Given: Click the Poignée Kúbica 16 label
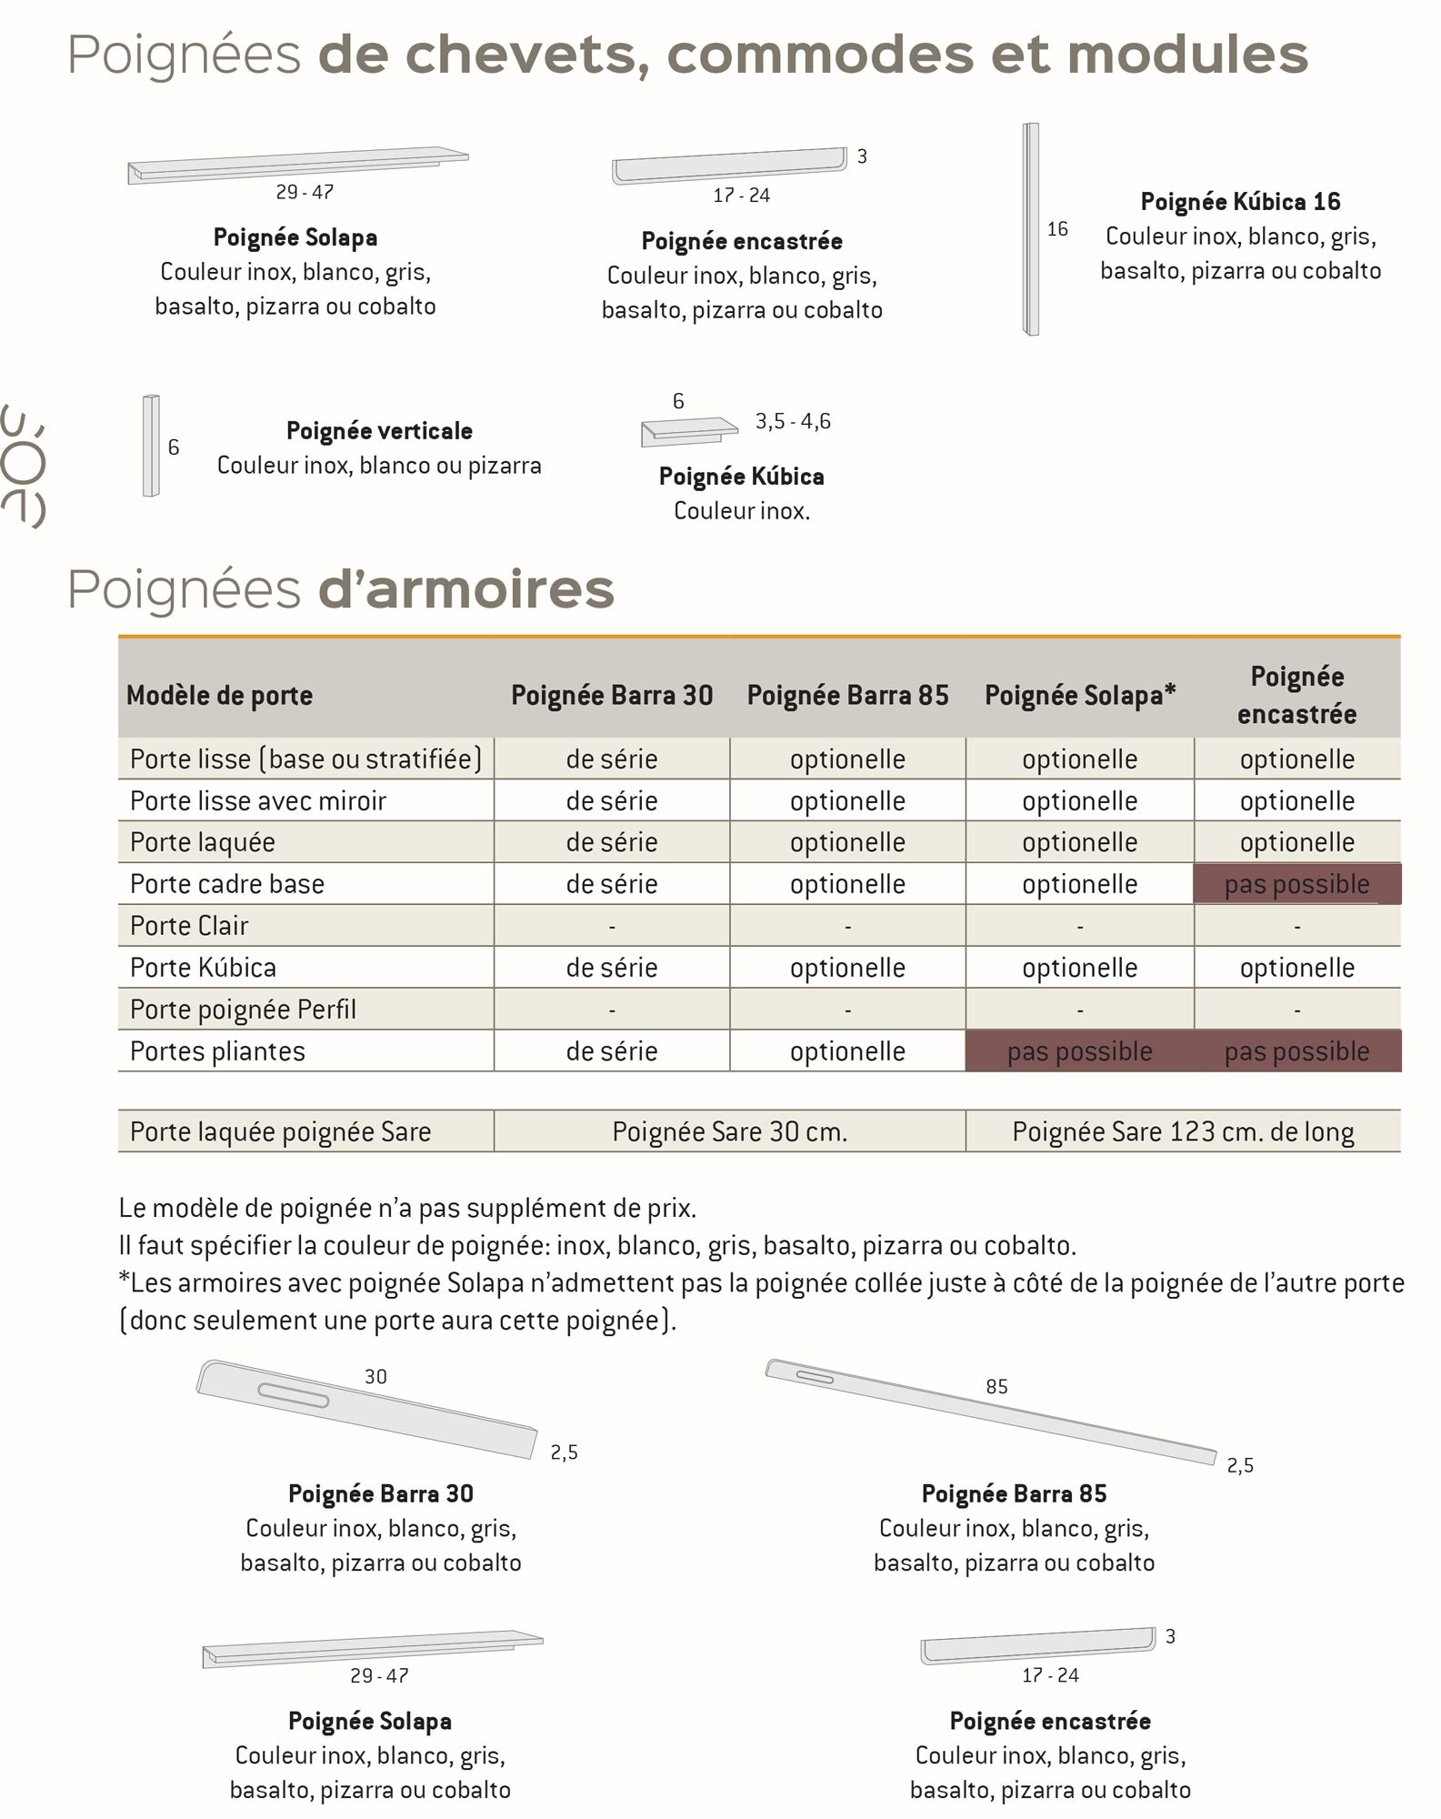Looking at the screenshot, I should click(1240, 202).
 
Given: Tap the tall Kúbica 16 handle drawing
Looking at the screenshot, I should click(1031, 229).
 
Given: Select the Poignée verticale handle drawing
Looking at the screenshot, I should click(151, 446).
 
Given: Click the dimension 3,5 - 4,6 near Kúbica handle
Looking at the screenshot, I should click(793, 421).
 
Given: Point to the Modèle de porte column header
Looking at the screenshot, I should click(219, 696).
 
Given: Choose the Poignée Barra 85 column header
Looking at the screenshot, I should click(847, 696).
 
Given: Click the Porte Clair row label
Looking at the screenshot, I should click(189, 926).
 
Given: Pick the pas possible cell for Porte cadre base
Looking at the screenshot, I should click(1296, 884).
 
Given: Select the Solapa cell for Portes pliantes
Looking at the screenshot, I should click(1079, 1051).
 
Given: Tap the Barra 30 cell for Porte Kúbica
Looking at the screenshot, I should click(612, 968).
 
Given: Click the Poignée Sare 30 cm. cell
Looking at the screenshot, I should click(729, 1131).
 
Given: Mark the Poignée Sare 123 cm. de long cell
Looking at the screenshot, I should click(1183, 1131).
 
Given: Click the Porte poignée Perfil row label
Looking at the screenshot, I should click(243, 1010).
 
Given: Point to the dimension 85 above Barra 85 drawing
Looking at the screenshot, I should click(996, 1387).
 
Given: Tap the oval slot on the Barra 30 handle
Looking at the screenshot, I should click(293, 1395).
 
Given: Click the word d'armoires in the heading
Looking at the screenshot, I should click(466, 589).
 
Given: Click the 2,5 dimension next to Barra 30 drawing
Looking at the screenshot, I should click(564, 1452).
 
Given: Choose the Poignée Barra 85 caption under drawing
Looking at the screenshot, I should click(1014, 1494).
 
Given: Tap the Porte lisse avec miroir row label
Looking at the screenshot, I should click(258, 801).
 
